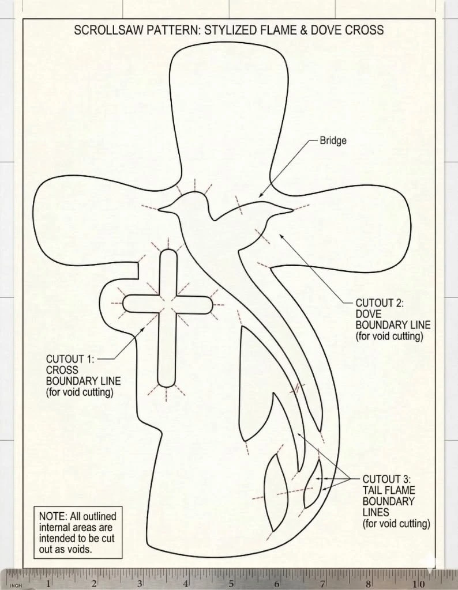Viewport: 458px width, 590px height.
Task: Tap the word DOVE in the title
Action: (x=324, y=30)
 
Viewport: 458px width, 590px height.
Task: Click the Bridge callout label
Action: (x=333, y=141)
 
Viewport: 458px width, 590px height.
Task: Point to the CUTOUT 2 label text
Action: (x=393, y=319)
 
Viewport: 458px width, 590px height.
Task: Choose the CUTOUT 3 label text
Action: (x=396, y=501)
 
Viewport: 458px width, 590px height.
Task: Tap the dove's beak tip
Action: (x=159, y=209)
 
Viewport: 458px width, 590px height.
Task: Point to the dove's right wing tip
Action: (x=291, y=209)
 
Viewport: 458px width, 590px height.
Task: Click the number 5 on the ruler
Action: (x=231, y=584)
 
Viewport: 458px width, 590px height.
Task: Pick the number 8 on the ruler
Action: (x=368, y=584)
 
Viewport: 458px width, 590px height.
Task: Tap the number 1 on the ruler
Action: (x=48, y=584)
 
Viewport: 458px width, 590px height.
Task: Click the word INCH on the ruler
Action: (x=16, y=585)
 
